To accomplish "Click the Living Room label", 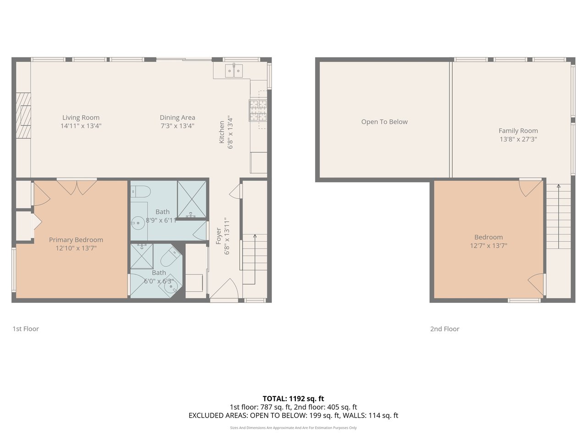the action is tap(81, 117).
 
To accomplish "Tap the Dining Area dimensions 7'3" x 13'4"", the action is tap(177, 126).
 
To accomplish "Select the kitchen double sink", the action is tap(234, 71).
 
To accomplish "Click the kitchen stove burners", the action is tap(258, 111).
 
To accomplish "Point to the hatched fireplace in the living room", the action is tap(23, 116).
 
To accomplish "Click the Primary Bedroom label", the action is tap(76, 239).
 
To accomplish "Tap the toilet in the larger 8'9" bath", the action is tap(141, 191).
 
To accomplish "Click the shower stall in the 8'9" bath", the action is tap(192, 199).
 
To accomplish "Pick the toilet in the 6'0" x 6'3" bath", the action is tap(171, 257).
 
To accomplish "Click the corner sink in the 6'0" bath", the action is tap(170, 288).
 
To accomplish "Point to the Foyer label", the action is tap(218, 236).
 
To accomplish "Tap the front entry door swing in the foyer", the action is tap(224, 289).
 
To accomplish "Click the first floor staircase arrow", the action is tap(255, 259).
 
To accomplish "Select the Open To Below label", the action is tap(384, 122).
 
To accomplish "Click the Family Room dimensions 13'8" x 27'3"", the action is tap(518, 139).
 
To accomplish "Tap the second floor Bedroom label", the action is tap(488, 237).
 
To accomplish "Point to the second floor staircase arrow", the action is tap(559, 216).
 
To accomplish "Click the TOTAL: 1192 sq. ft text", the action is tap(293, 399).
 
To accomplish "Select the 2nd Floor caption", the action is tap(445, 329).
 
